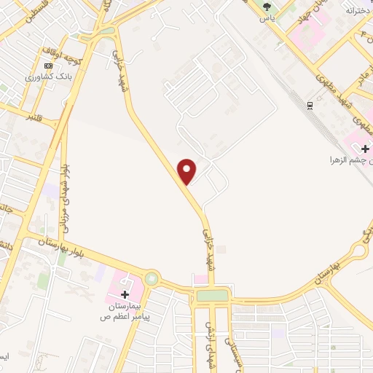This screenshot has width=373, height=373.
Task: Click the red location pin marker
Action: pos(188,170)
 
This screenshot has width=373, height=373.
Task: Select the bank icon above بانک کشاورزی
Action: pos(49,66)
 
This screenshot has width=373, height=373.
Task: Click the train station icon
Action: pos(311,106)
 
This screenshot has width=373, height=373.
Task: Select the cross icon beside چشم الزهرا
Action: pos(365,149)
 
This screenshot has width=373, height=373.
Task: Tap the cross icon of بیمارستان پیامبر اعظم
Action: pos(125,295)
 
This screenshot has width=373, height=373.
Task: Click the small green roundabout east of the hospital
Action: pos(152,278)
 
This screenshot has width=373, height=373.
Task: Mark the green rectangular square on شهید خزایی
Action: pos(212,295)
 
